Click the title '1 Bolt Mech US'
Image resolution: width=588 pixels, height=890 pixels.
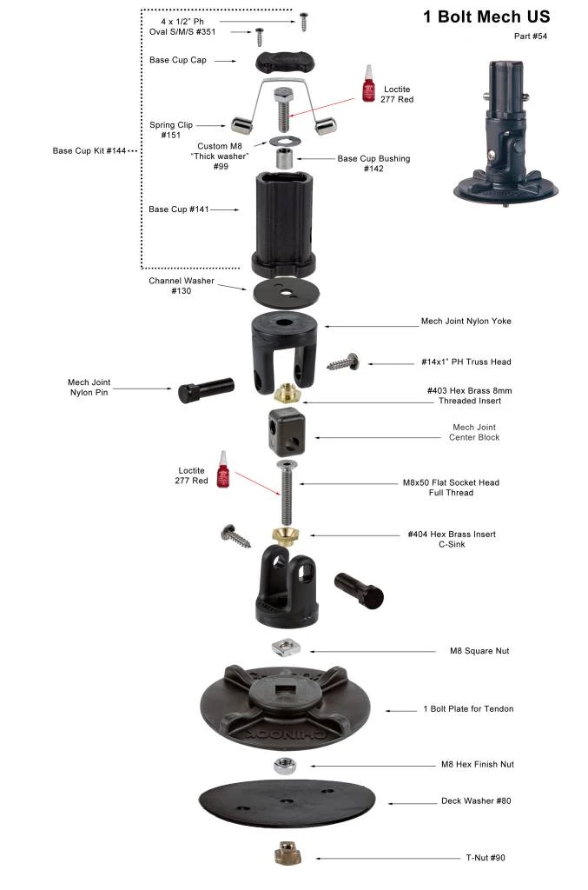(486, 17)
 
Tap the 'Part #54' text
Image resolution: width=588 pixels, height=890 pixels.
(531, 37)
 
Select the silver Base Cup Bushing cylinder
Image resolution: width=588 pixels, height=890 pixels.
(285, 159)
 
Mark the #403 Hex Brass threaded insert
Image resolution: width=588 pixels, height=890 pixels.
(287, 395)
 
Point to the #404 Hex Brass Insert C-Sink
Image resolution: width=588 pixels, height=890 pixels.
(286, 534)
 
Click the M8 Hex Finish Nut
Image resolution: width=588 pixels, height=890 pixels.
(284, 766)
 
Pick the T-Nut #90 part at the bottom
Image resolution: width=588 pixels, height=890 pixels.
(286, 853)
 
